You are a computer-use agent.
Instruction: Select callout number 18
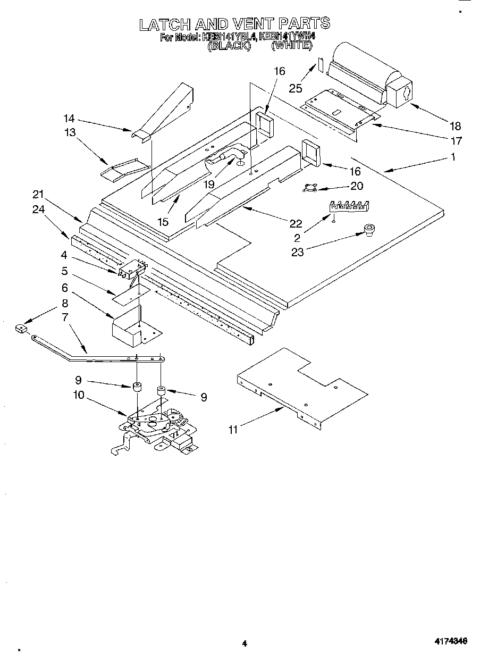point(455,127)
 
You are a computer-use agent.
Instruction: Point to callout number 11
point(233,429)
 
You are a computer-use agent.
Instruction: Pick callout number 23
point(297,252)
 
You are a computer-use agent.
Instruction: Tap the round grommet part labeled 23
point(368,230)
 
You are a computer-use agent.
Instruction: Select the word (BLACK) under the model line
point(228,46)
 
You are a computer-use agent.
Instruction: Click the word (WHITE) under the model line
point(291,46)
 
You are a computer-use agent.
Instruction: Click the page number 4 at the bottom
point(244,643)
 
